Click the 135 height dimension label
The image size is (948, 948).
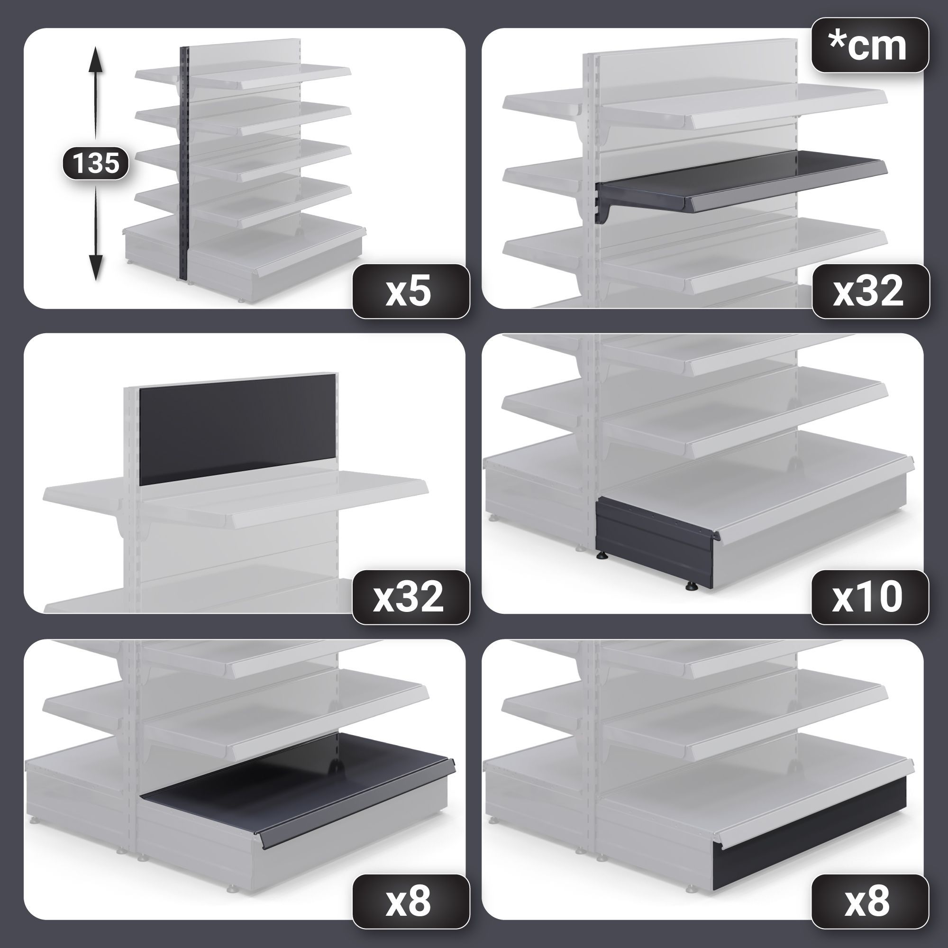(96, 163)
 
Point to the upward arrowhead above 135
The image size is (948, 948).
(96, 59)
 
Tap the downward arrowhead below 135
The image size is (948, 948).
(96, 267)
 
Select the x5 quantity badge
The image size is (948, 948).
(410, 292)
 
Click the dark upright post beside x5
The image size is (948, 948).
(184, 164)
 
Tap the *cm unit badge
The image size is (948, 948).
(869, 45)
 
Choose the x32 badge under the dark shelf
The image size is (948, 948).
(870, 292)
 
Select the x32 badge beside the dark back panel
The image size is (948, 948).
(410, 597)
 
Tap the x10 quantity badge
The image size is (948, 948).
(869, 597)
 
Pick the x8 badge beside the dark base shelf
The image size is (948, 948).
(410, 902)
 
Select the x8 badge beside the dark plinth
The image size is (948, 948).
(869, 902)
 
